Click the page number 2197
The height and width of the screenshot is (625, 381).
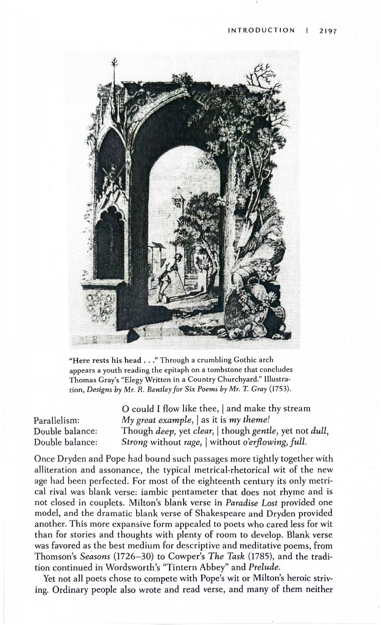(x=327, y=31)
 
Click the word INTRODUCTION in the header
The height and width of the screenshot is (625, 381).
(x=261, y=30)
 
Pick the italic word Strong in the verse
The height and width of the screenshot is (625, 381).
(x=135, y=442)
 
